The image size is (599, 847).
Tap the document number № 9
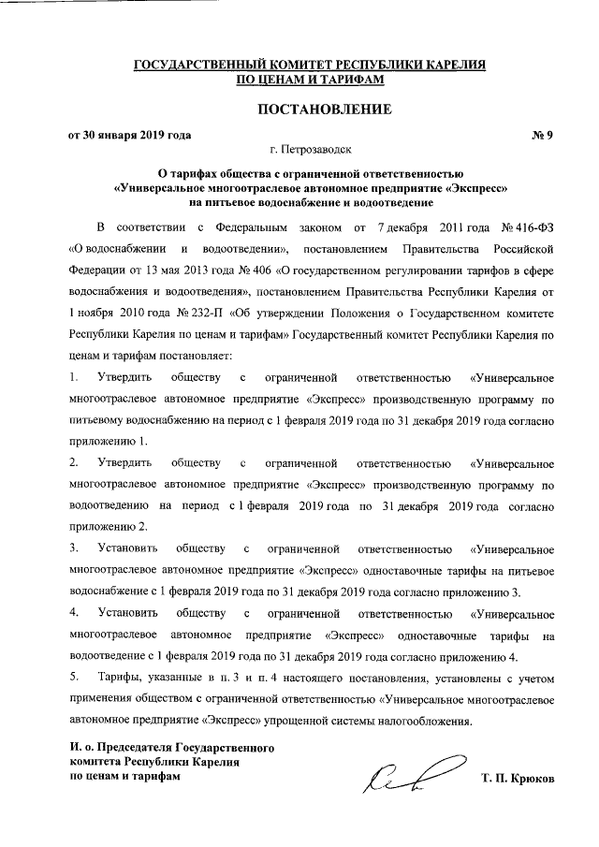click(x=543, y=135)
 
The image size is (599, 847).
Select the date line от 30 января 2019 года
click(x=131, y=135)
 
